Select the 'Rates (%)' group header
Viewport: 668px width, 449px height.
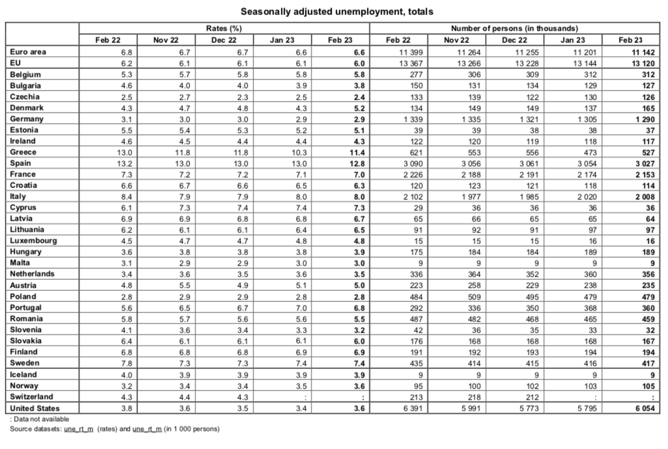click(x=224, y=29)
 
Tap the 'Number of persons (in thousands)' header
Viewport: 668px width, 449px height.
click(x=514, y=29)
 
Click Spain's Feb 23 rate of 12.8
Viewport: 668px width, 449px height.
click(x=356, y=163)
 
